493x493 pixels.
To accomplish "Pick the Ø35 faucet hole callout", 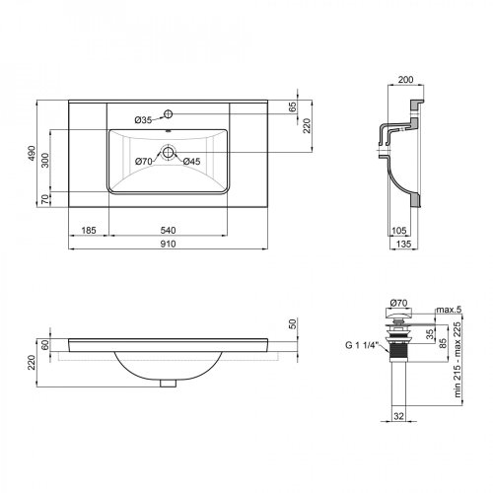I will tap(142, 120).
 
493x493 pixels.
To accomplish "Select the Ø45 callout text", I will tap(190, 161).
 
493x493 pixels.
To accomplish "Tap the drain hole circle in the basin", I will tap(169, 153).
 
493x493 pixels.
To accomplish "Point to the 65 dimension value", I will tap(293, 106).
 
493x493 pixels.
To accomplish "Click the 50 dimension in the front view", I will tap(292, 324).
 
